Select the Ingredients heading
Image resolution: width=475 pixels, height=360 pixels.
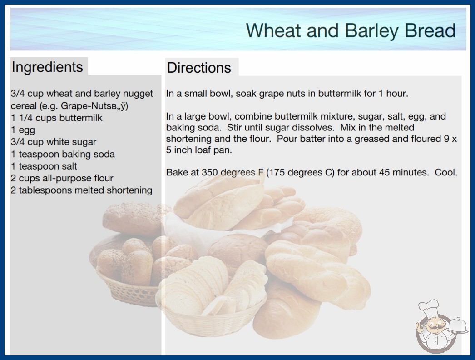coord(47,67)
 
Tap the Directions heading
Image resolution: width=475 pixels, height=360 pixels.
coord(199,68)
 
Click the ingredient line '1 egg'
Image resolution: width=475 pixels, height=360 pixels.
coord(23,130)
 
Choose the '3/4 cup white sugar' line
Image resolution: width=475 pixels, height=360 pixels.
coord(54,142)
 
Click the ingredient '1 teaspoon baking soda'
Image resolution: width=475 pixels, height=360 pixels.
coord(63,154)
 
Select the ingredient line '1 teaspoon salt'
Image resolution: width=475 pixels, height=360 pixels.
coord(44,166)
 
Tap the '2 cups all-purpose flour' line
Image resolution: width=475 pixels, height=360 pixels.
coord(62,178)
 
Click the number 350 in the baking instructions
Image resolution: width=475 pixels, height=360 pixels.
coord(210,172)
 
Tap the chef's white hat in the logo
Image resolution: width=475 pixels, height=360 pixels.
coord(429,308)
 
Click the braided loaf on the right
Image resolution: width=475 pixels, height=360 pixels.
coord(317,275)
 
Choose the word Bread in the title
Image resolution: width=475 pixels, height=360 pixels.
coord(430,30)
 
